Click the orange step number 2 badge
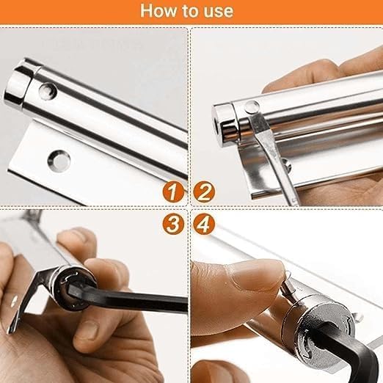pos(205,193)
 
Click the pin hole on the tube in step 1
pos(47,91)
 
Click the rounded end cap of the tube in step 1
pos(21,84)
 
